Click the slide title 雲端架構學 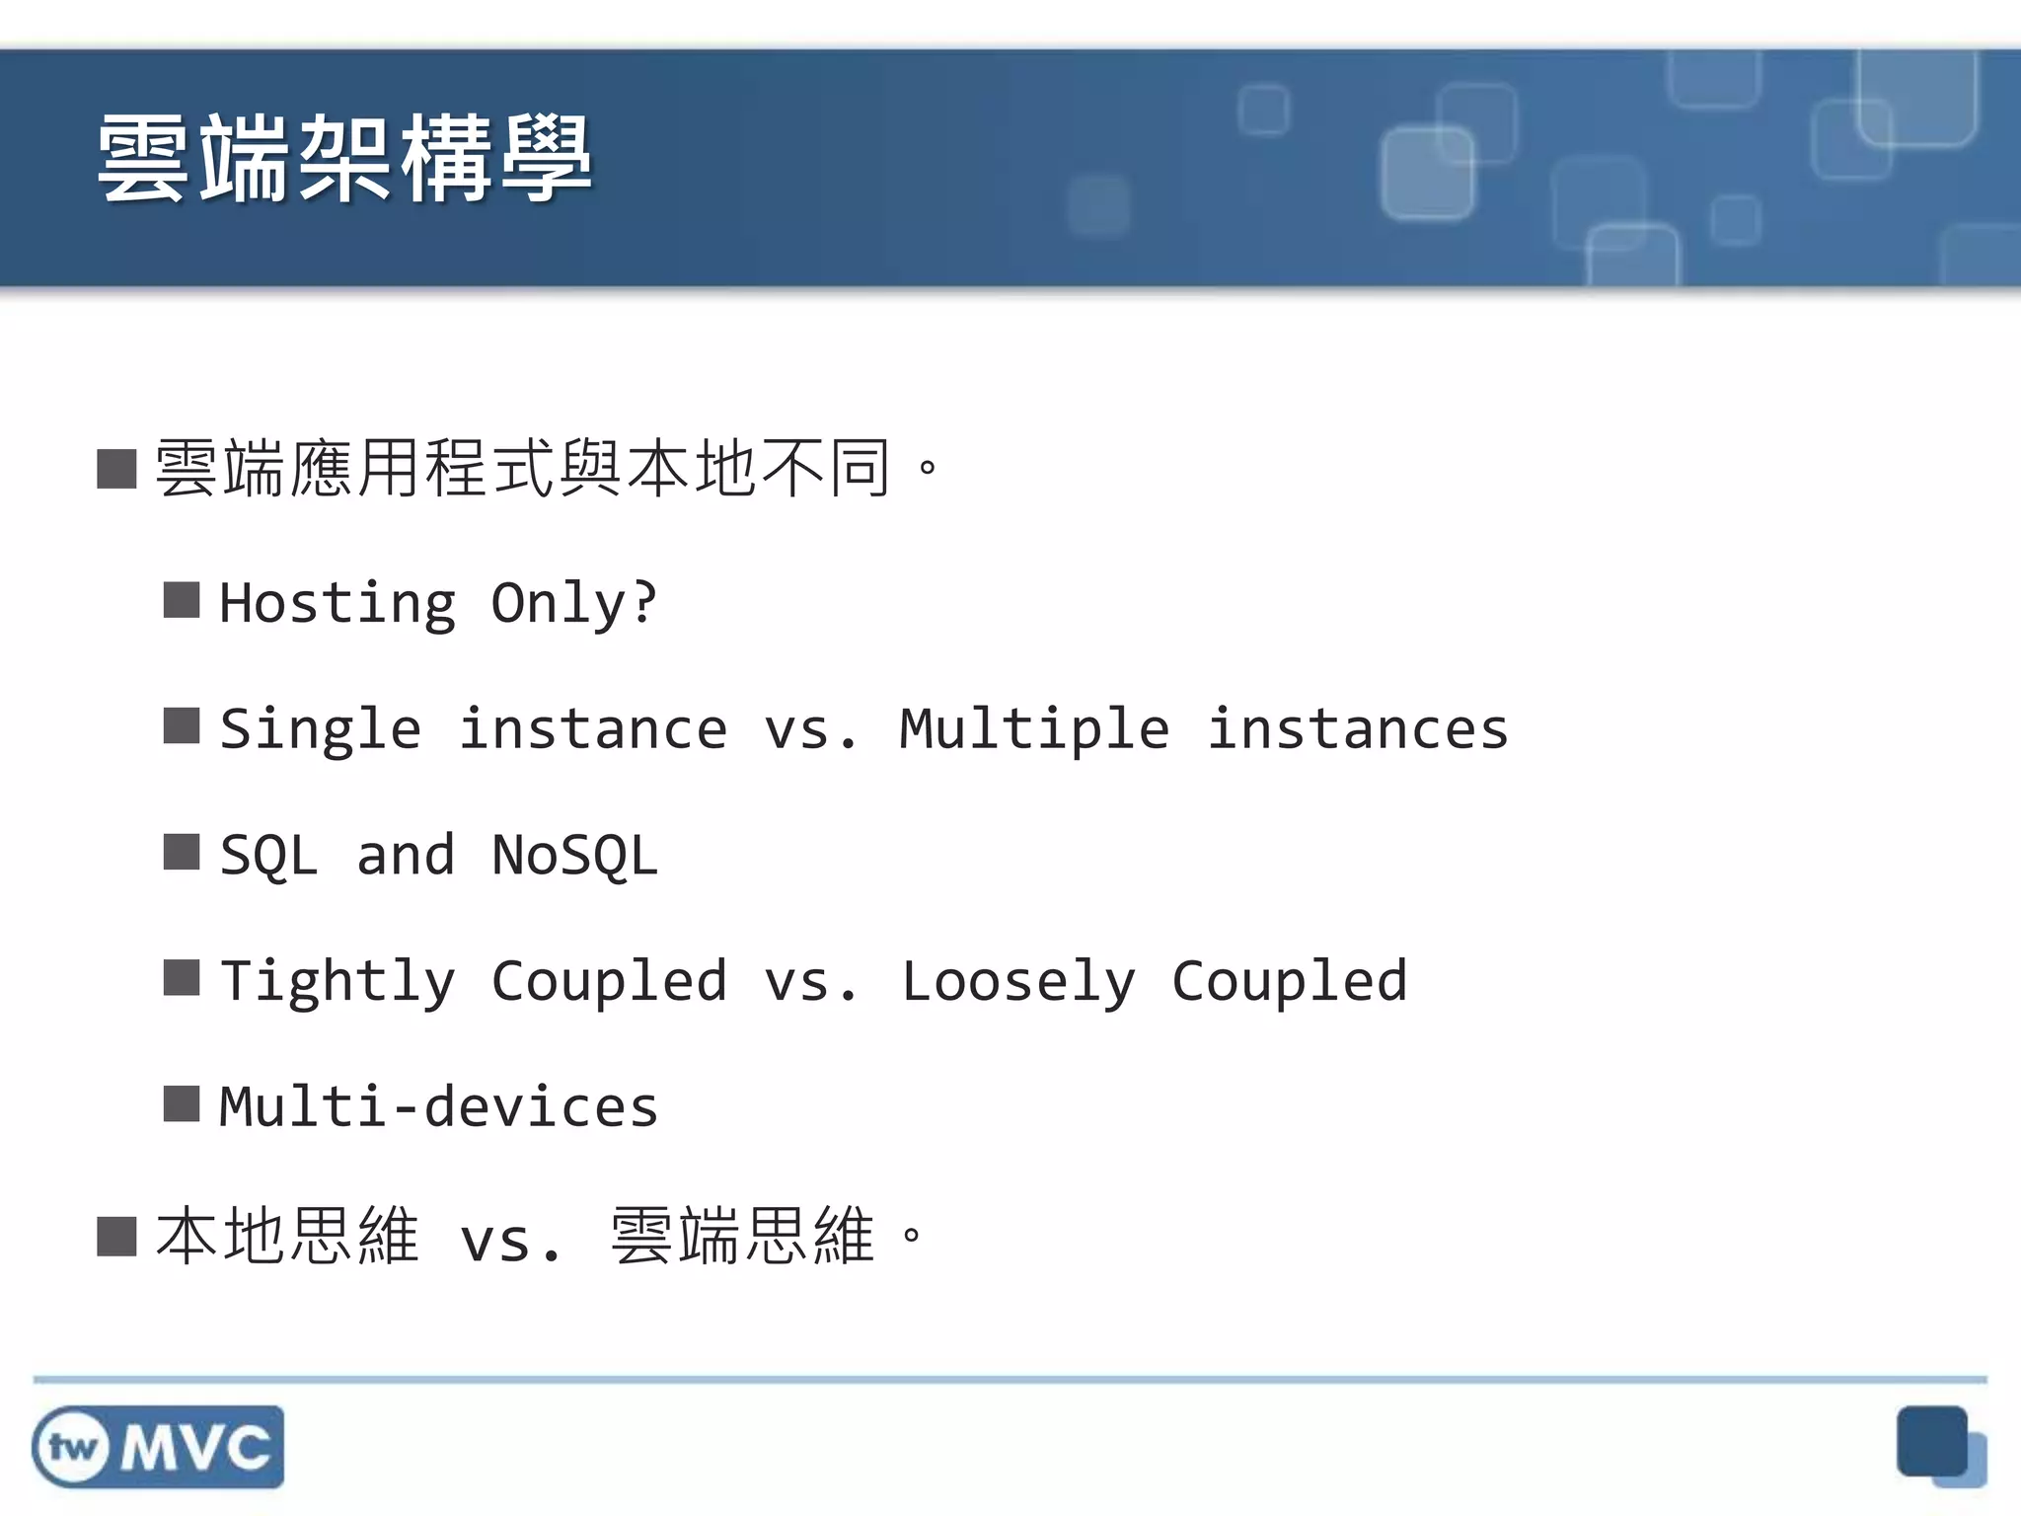coord(344,159)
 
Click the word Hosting coord(337,603)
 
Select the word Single coord(321,730)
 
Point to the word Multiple coord(1034,730)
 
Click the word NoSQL coord(574,855)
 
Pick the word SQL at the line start coord(268,855)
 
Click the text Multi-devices coord(438,1107)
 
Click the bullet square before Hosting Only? coord(182,599)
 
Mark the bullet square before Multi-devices coord(182,1104)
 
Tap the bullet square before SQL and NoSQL coord(182,852)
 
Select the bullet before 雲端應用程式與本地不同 coord(116,469)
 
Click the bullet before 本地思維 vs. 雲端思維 coord(116,1236)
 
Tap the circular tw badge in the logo coord(72,1448)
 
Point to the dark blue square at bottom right coord(1931,1441)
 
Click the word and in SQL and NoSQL coord(406,855)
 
